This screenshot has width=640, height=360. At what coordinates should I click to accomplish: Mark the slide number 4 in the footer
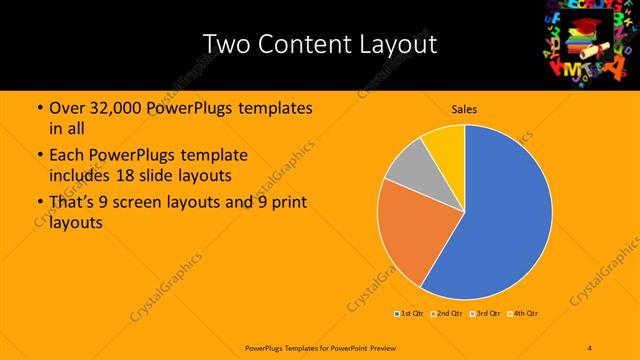click(590, 347)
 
